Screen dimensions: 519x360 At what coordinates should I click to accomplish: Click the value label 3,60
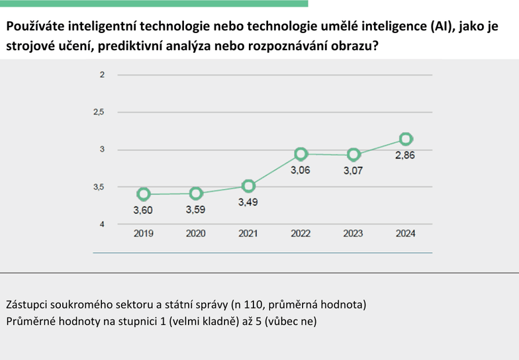[143, 210]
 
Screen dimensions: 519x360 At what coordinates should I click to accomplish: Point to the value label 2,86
[405, 155]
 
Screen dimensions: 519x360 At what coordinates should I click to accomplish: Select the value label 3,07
[354, 171]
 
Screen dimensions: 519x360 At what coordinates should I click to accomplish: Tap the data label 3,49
[248, 202]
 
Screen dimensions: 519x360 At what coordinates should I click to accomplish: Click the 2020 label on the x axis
[196, 234]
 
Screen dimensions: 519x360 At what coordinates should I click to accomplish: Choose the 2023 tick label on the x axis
[354, 234]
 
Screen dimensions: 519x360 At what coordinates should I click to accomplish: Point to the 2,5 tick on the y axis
[99, 112]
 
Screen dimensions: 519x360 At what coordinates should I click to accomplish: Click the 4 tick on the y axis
[102, 224]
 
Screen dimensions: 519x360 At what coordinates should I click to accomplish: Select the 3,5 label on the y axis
[99, 187]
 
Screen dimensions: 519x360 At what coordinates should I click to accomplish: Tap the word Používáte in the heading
[36, 26]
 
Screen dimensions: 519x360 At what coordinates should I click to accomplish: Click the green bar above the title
[154, 3]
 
